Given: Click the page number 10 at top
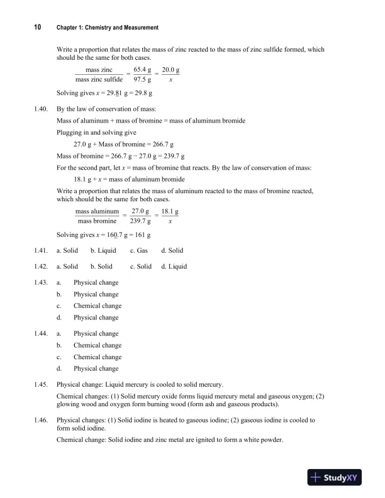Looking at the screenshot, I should click(38, 27).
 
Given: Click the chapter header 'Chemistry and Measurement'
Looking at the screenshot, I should click(108, 28).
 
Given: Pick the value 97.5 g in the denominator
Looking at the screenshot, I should click(142, 80).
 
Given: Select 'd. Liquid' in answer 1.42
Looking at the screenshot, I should click(174, 266).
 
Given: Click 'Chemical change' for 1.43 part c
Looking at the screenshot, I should click(97, 306).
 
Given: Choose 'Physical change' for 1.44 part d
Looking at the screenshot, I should click(96, 368).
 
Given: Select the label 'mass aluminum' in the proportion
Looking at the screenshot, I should click(97, 211).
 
